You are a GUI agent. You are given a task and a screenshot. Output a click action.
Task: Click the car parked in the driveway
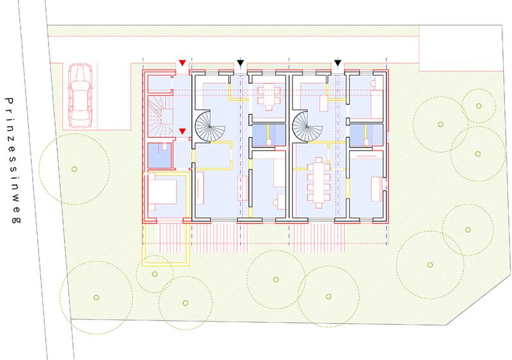81,95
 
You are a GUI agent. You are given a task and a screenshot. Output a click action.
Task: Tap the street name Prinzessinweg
13,160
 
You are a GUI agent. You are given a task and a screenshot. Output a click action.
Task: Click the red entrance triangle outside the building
182,63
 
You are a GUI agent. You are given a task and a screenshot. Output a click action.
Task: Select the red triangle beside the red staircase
182,131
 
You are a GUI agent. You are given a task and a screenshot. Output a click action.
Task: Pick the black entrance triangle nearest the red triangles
241,63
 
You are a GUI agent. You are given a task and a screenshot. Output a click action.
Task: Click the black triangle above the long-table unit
338,63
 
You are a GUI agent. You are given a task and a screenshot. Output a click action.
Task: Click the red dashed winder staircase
160,116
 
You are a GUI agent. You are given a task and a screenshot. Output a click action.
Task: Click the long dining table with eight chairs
318,183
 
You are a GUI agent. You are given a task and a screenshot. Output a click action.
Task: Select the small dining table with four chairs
269,97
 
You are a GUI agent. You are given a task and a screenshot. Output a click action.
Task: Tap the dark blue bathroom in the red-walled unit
159,156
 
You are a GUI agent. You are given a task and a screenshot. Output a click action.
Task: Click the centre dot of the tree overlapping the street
74,169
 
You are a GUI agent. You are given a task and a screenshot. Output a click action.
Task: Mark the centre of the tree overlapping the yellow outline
154,274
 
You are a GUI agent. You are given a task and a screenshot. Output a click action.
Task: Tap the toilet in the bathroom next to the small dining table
269,142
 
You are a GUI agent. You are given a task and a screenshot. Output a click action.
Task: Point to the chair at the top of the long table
319,160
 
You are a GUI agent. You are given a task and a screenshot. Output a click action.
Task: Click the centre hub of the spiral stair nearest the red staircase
210,126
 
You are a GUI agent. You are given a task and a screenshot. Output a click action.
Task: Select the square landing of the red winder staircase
167,116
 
